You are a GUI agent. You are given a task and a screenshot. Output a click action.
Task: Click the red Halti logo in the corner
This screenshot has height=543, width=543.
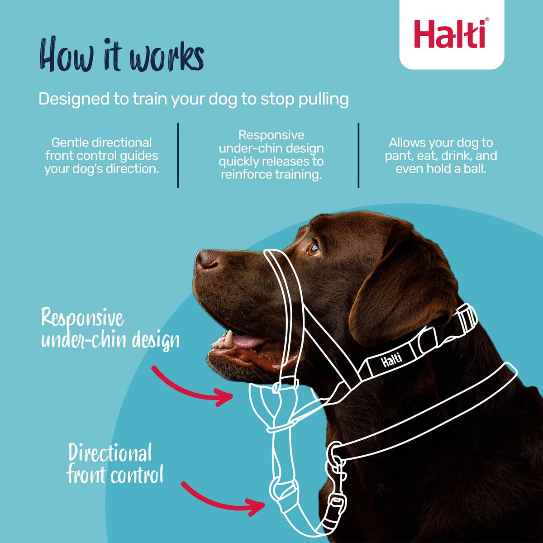[451, 34]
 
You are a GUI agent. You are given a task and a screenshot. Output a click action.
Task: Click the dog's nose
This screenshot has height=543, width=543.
[206, 260]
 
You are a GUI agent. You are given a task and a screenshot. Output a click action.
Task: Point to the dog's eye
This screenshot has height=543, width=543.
[313, 249]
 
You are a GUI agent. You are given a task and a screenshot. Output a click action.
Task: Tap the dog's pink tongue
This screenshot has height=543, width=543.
[247, 342]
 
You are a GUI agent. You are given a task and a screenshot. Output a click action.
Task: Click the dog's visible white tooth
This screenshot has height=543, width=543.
[229, 339]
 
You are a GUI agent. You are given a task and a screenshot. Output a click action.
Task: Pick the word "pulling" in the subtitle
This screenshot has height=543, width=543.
[323, 99]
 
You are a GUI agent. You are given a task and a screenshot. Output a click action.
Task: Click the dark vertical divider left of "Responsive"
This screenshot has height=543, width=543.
[178, 155]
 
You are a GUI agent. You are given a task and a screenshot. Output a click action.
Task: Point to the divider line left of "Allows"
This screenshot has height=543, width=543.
[358, 155]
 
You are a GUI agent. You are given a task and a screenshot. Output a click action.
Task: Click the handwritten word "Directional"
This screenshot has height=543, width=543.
[110, 452]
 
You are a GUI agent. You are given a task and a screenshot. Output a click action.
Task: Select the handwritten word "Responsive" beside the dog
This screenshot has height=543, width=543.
[82, 318]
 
